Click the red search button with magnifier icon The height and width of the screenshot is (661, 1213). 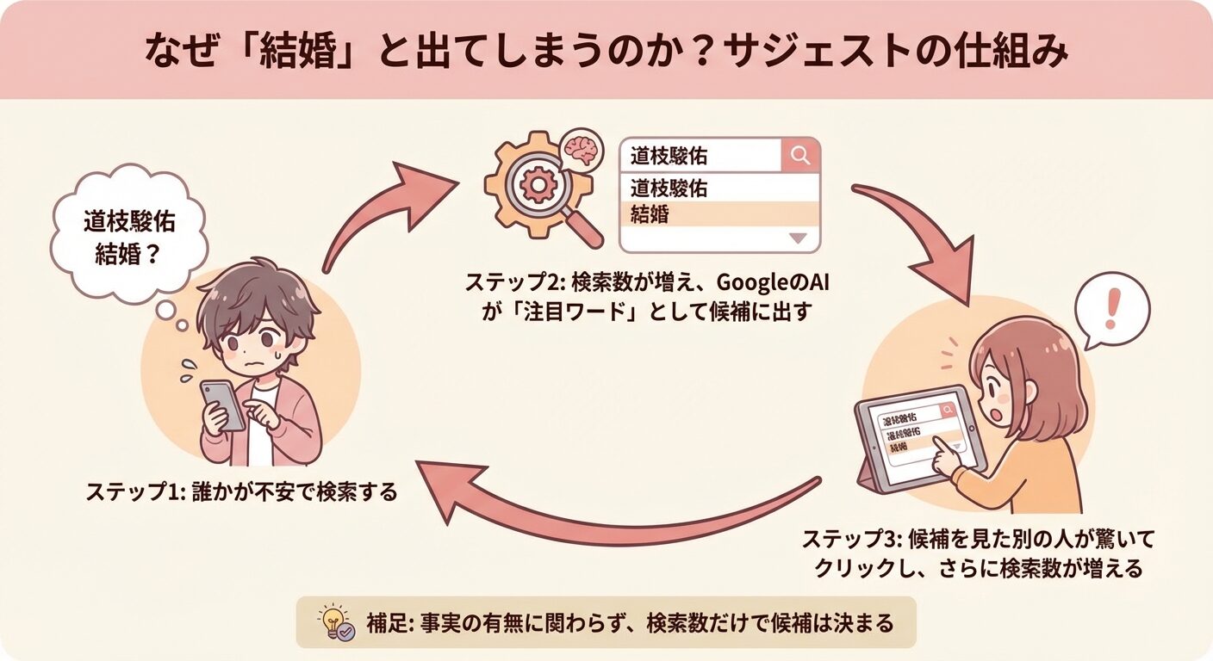pos(800,156)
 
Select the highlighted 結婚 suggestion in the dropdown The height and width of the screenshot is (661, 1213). pos(718,214)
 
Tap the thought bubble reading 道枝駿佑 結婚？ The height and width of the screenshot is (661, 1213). pos(129,233)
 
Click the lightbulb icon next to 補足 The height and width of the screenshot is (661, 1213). pos(333,622)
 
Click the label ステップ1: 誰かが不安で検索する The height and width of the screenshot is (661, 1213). pos(241,492)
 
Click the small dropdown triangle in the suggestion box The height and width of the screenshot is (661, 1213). pos(796,238)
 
